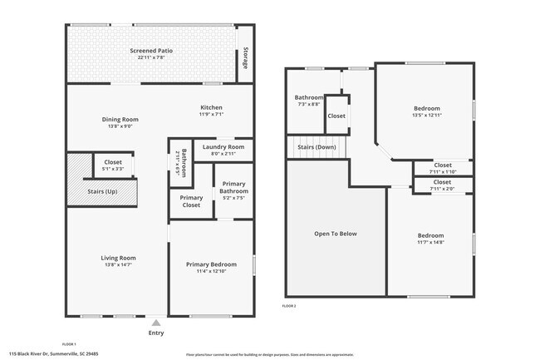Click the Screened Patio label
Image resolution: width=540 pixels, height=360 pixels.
click(151, 52)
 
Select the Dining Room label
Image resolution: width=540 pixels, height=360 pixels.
click(120, 119)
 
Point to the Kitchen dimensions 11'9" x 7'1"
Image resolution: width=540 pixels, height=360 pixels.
click(211, 114)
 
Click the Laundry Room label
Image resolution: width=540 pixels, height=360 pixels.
click(223, 146)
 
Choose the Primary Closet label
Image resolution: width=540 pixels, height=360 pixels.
click(191, 201)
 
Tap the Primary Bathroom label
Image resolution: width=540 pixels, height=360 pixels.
click(233, 188)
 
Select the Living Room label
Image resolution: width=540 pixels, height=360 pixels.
click(118, 258)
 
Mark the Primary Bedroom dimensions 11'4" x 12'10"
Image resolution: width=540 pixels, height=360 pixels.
click(211, 272)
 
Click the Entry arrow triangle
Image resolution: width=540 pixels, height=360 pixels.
click(156, 323)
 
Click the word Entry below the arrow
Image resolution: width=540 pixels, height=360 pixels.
click(156, 333)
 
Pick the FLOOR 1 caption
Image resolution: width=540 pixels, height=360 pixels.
click(70, 343)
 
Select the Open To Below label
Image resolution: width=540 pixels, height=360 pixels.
click(336, 234)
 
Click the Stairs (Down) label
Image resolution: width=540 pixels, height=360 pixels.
click(316, 147)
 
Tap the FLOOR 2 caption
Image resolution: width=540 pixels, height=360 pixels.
click(289, 307)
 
